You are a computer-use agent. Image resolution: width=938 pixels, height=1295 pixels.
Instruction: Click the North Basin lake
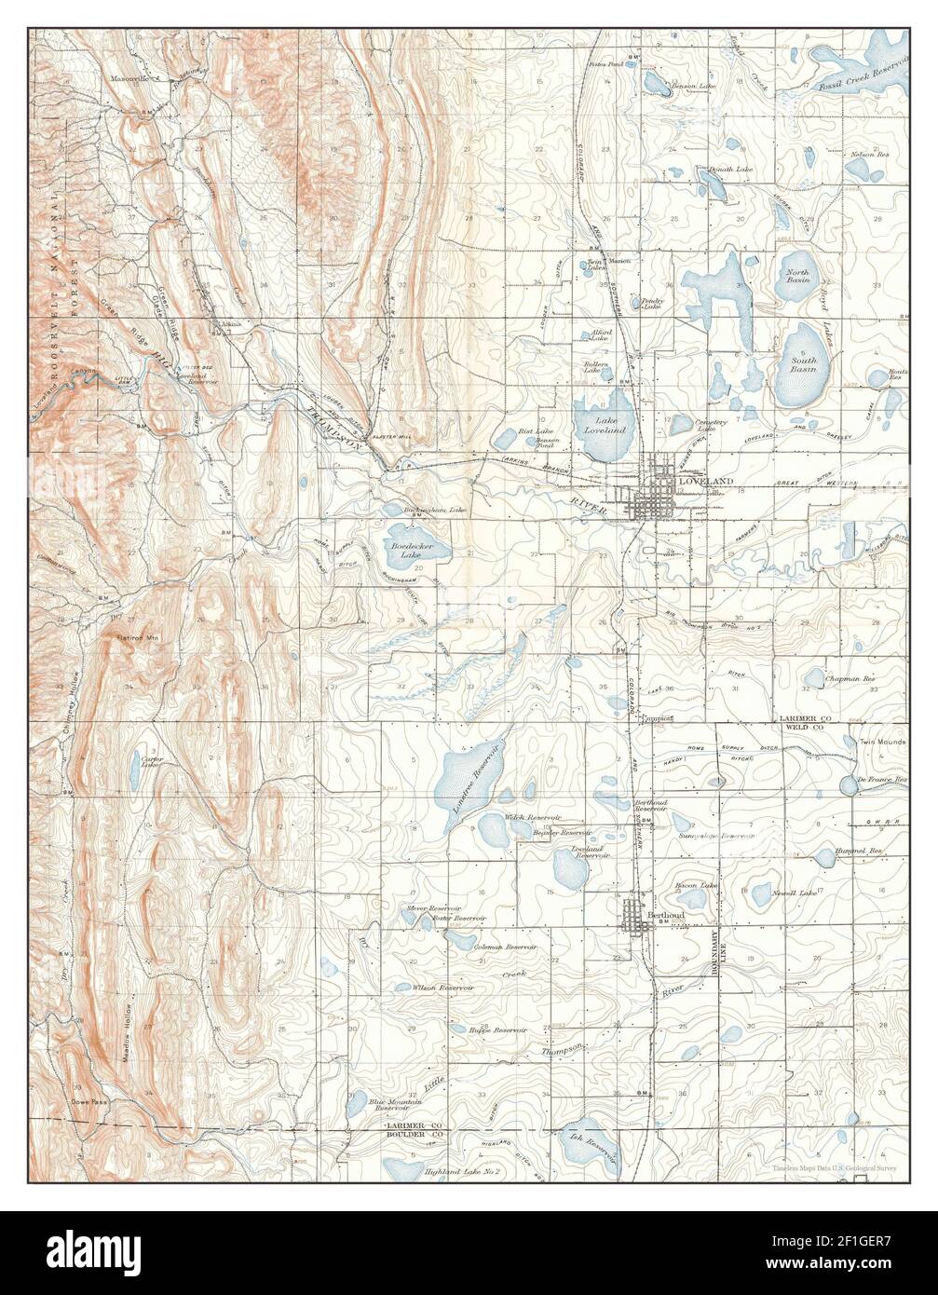pyautogui.click(x=797, y=276)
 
